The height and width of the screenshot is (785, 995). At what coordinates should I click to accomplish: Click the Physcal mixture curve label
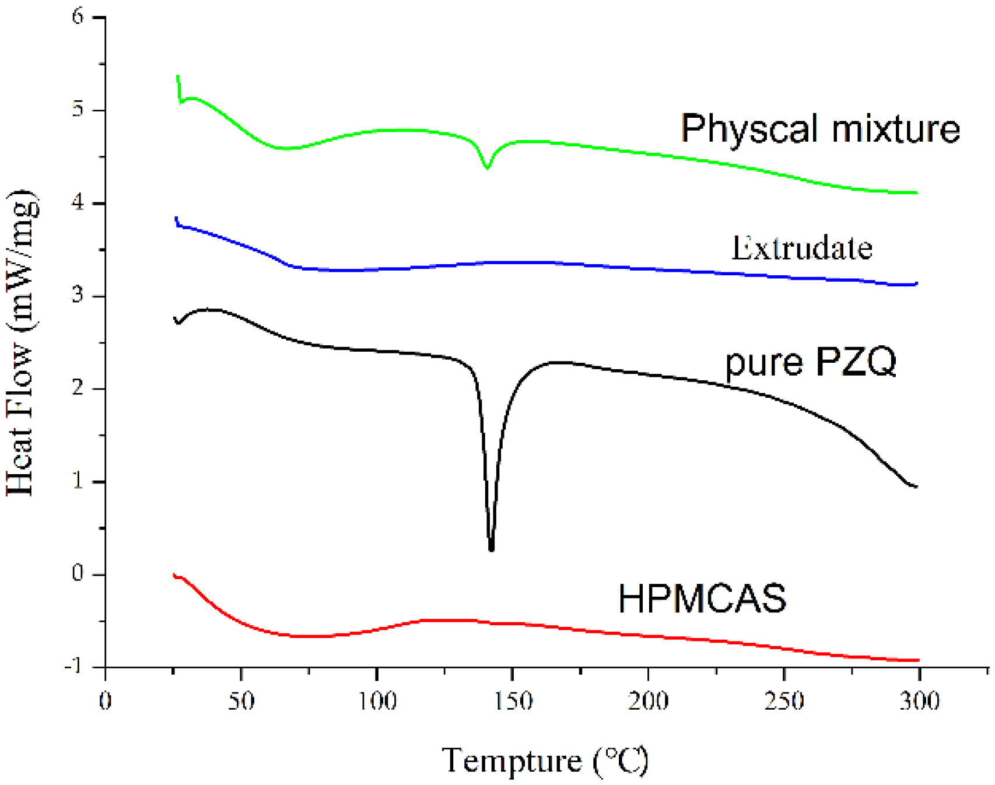pos(819,128)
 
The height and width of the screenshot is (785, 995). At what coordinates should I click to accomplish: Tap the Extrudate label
pos(801,248)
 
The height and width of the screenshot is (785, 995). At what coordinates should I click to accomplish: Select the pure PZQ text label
pos(810,362)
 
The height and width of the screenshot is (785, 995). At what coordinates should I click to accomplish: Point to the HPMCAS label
pos(702,598)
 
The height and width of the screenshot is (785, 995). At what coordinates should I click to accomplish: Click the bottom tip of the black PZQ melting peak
pos(491,549)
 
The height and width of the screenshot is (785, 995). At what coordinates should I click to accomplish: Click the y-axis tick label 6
pos(78,16)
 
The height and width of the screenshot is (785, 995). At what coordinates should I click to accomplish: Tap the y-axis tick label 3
pos(78,295)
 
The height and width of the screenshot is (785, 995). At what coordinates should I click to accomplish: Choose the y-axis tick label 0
pos(78,573)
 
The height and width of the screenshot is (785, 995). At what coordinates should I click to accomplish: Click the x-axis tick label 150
pos(512,700)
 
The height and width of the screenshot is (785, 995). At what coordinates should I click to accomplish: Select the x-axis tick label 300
pos(919,700)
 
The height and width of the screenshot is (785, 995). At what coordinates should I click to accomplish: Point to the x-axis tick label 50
pos(241,700)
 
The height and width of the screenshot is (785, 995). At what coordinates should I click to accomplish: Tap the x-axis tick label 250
pos(783,700)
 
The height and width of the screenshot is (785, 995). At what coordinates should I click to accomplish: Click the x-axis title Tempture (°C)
pos(545,761)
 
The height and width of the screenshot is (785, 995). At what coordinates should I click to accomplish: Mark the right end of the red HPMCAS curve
pos(918,660)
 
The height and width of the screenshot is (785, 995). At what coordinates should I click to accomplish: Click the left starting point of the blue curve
pos(176,219)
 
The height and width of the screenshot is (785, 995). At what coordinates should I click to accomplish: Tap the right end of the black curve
pos(916,486)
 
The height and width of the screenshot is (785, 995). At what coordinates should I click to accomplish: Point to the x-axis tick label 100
pos(377,700)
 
